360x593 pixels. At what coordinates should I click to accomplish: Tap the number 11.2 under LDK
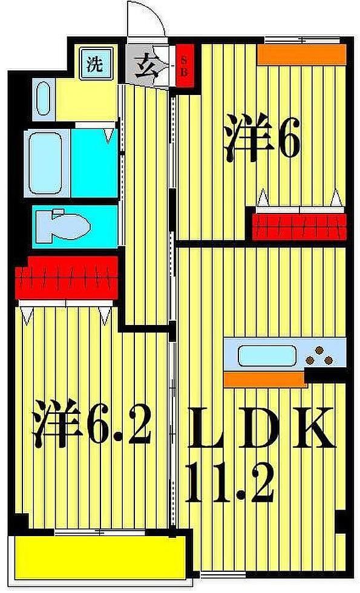(x=230, y=482)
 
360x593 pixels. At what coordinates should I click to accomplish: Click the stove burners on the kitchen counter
(x=319, y=356)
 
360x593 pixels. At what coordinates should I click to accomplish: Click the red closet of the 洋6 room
(x=299, y=225)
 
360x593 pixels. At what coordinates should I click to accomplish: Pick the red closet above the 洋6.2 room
(x=67, y=278)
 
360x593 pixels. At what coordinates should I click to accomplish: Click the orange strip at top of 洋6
(x=301, y=55)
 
